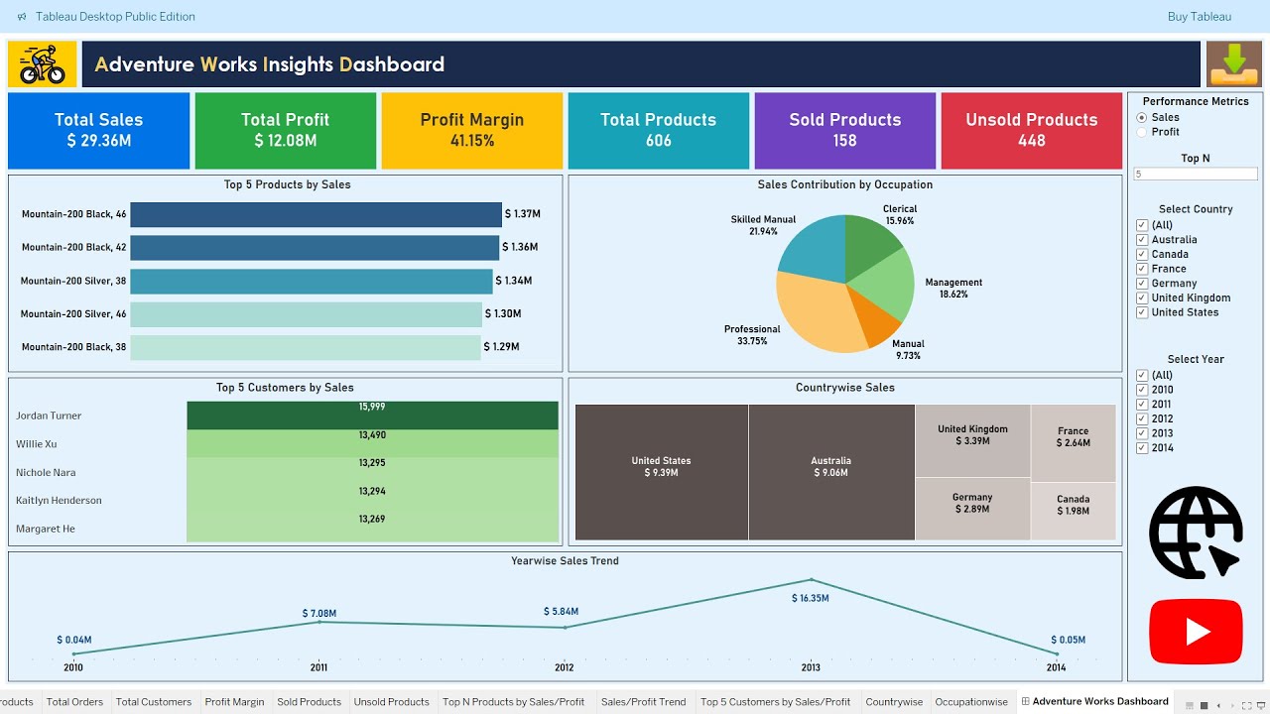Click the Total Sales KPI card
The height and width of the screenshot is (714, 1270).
point(98,130)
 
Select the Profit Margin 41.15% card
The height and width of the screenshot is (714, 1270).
point(471,130)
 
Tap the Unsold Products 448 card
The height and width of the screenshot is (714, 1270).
point(1031,130)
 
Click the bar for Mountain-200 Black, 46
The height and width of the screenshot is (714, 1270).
point(316,214)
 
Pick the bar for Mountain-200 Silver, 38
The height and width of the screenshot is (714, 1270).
point(311,281)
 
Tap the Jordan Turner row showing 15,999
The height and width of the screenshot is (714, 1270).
point(372,416)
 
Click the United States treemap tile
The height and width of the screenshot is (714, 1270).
point(661,472)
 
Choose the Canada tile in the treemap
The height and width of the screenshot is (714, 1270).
point(1073,512)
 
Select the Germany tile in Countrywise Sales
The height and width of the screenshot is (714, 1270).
point(971,509)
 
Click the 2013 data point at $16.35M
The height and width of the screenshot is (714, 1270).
point(811,580)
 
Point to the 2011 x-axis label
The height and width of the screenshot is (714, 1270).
point(318,667)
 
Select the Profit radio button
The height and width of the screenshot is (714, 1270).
point(1142,132)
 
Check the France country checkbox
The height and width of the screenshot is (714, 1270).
point(1142,269)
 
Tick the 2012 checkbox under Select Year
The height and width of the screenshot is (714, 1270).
point(1142,418)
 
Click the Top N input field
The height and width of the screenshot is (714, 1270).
point(1196,174)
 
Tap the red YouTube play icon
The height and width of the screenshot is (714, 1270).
point(1196,632)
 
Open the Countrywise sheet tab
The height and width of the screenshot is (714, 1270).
point(894,702)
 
